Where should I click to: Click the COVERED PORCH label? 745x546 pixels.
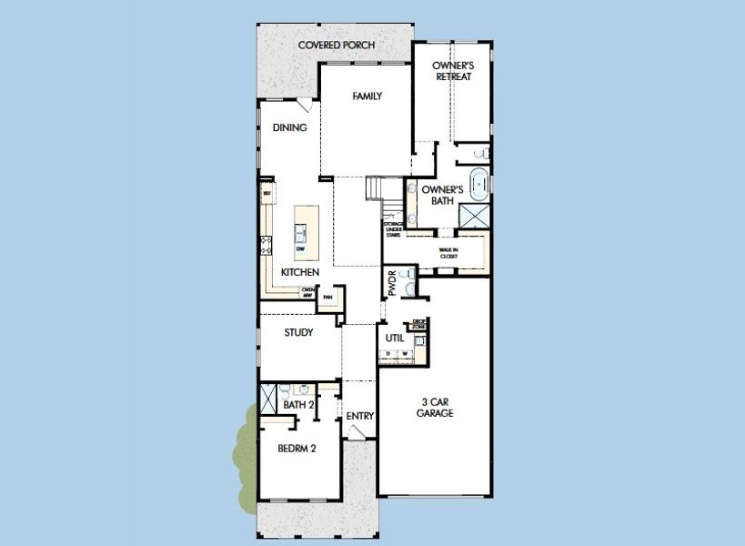337,45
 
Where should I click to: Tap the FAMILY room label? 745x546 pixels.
367,96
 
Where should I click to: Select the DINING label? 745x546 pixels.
289,127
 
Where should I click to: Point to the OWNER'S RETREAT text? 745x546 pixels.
452,71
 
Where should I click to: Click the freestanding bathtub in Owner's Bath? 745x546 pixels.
478,180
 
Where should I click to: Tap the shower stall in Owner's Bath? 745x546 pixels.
475,216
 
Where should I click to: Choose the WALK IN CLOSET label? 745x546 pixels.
448,252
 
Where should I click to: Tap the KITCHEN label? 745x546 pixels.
299,273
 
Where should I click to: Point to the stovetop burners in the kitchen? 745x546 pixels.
267,244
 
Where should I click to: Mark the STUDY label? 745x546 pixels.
298,333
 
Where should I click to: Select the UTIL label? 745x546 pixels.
394,338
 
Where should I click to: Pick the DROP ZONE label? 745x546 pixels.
419,324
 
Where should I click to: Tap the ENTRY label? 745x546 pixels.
360,416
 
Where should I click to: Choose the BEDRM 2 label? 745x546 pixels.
297,447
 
